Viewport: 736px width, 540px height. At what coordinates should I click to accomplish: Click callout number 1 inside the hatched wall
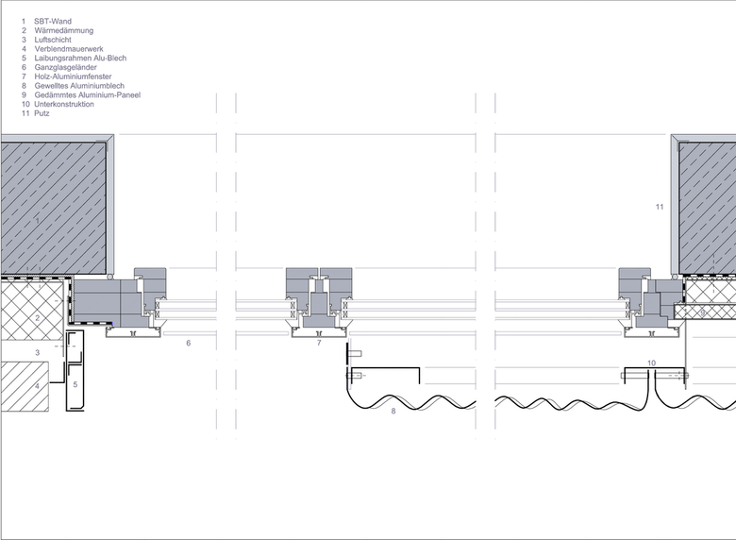[x=38, y=221]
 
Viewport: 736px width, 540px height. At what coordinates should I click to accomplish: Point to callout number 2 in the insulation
[x=38, y=318]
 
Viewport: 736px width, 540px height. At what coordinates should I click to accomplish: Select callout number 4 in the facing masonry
[x=38, y=386]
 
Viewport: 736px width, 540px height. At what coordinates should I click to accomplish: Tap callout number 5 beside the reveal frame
[x=75, y=384]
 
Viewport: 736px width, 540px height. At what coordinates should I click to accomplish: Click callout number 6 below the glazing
[x=188, y=343]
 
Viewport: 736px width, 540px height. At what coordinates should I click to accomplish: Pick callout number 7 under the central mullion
[x=319, y=343]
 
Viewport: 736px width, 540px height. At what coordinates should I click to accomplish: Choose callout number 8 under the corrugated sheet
[x=393, y=411]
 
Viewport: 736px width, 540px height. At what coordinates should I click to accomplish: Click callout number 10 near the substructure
[x=651, y=363]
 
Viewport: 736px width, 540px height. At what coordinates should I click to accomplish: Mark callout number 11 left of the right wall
[x=660, y=207]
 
